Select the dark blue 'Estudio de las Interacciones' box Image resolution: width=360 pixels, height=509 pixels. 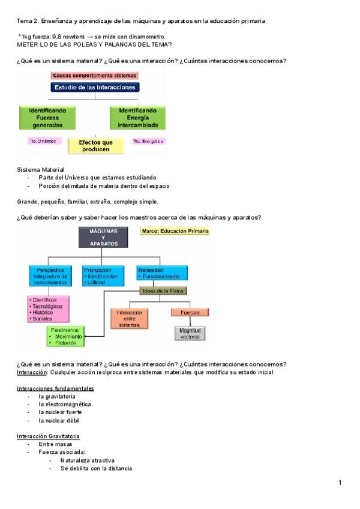point(95,88)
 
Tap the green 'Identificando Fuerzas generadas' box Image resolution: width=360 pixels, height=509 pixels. point(47,118)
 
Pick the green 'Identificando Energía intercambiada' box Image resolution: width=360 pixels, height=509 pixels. point(138,118)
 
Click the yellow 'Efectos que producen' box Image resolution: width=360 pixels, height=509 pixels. point(92,146)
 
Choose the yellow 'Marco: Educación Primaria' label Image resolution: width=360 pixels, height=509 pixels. point(174,230)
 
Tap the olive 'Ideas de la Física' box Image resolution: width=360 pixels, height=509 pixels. point(163,291)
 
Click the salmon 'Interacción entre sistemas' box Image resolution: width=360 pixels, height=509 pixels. point(129,319)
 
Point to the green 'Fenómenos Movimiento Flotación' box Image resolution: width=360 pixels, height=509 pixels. point(67,336)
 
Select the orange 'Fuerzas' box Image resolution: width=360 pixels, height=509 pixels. point(190,313)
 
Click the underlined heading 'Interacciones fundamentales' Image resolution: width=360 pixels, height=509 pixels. point(55,388)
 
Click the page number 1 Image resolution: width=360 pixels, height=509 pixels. point(340,482)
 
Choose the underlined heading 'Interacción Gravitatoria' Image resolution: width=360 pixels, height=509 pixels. point(49,436)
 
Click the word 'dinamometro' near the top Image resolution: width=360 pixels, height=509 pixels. point(148,37)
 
